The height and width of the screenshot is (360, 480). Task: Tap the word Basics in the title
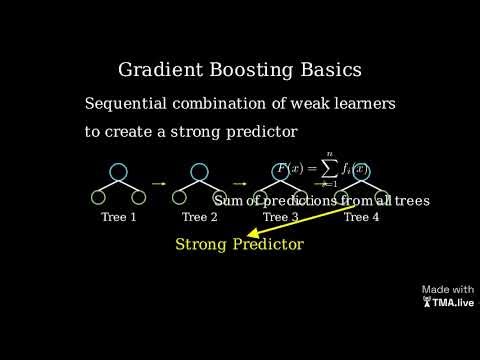tap(326, 71)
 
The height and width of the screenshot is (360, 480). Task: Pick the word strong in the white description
tap(209, 132)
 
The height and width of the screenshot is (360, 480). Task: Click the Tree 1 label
tap(119, 217)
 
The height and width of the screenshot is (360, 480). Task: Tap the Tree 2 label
tap(200, 217)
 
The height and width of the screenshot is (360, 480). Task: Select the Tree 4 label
tap(362, 217)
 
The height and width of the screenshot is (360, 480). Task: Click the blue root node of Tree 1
tap(119, 172)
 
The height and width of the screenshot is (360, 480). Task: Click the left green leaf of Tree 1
tap(98, 197)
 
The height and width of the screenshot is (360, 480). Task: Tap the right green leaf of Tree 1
tap(140, 197)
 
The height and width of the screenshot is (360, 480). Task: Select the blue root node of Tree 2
tap(200, 172)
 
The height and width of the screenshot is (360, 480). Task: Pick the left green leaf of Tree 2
tap(179, 197)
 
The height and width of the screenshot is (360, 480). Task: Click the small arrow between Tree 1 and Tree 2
tap(159, 184)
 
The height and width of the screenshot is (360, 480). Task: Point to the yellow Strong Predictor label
tap(239, 244)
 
